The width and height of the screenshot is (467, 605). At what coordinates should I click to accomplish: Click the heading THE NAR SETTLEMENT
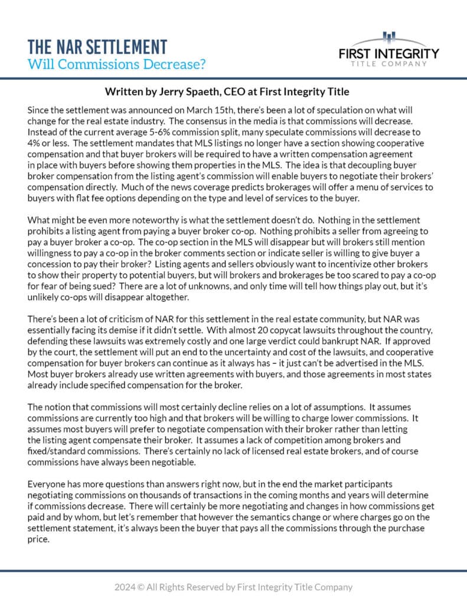click(97, 46)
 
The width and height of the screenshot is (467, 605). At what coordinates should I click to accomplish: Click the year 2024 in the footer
click(125, 587)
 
